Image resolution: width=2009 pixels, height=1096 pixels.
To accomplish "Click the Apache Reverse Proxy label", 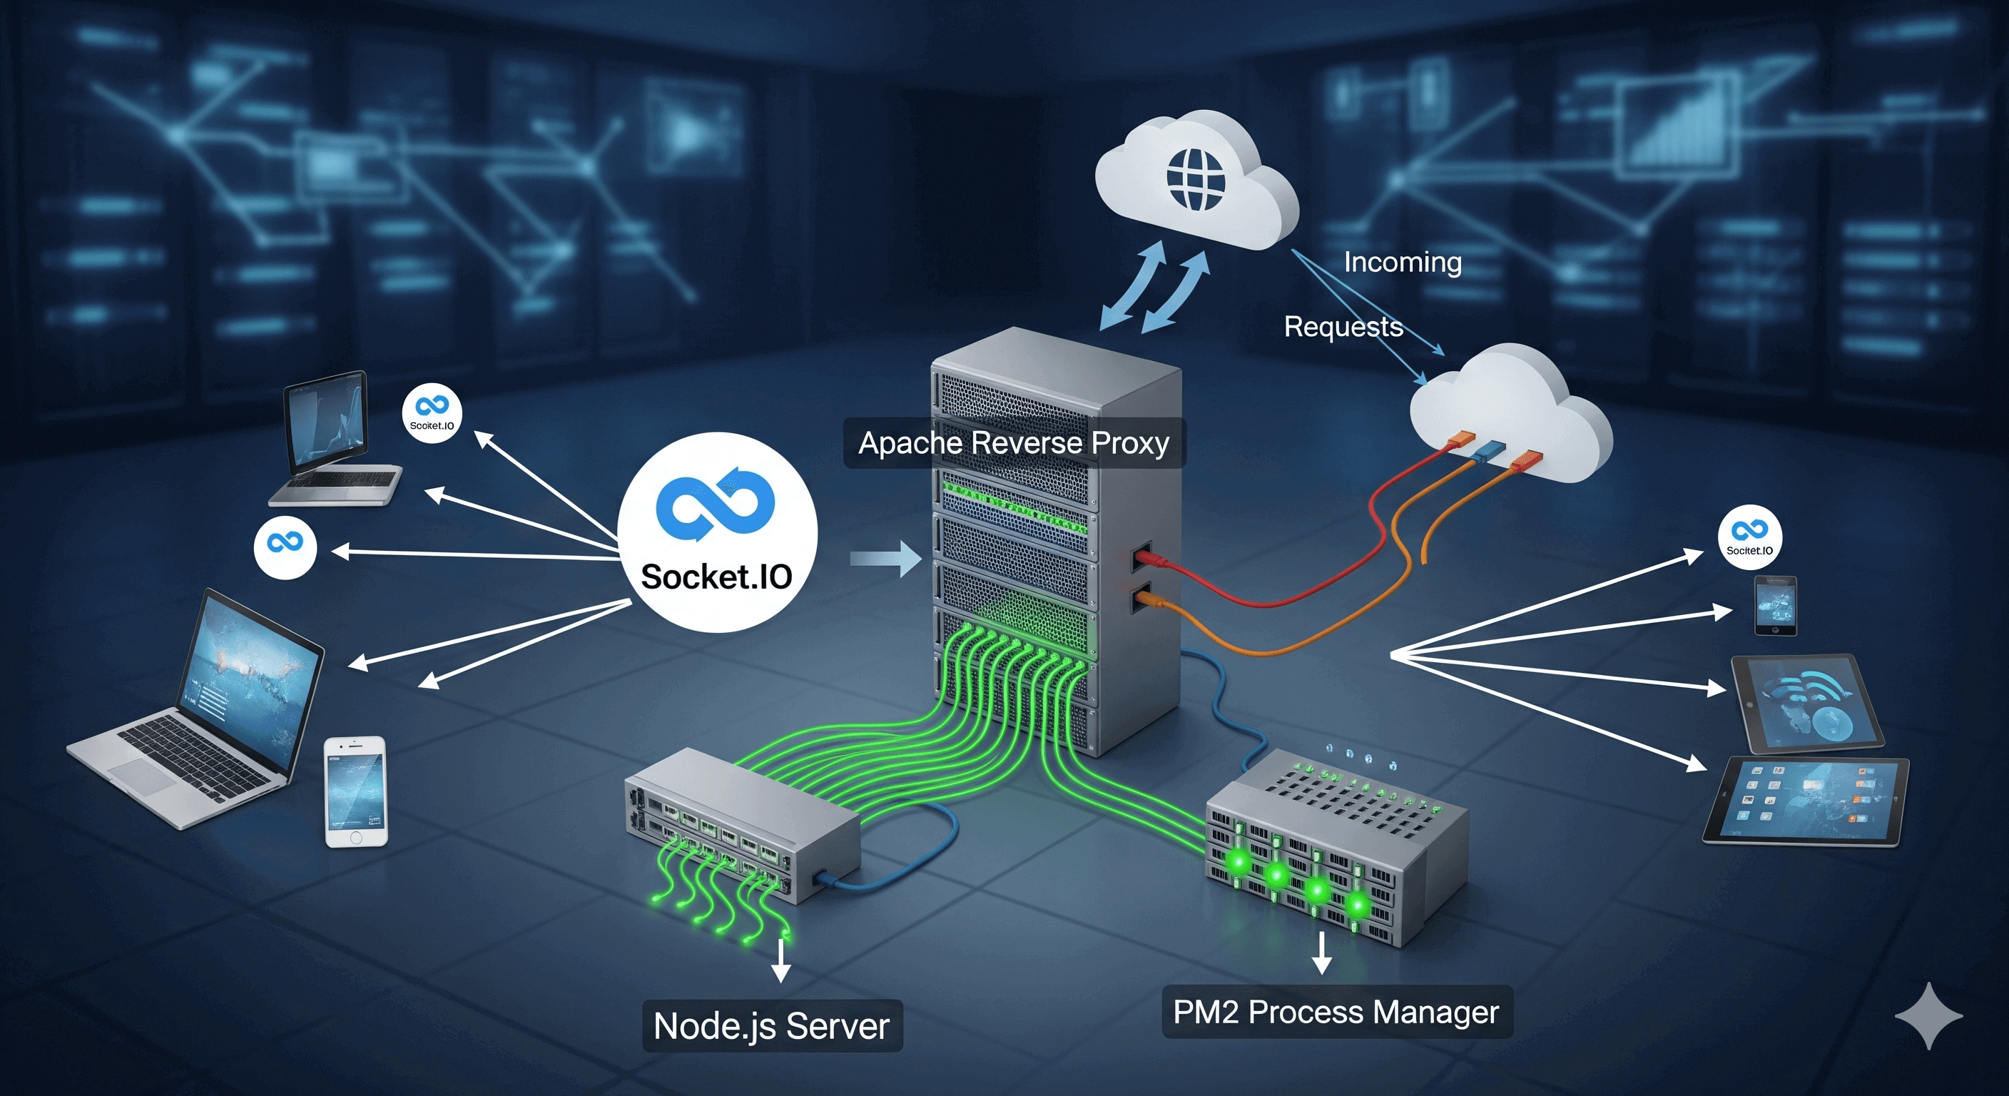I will [1014, 443].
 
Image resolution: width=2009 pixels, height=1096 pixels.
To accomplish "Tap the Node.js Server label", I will [771, 1026].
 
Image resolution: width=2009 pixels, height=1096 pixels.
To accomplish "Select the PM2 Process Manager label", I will [1336, 1012].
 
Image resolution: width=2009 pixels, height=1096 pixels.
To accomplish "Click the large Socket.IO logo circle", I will [717, 533].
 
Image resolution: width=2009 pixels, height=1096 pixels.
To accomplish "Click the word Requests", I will [1343, 326].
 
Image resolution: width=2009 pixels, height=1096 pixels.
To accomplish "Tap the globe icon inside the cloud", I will [1195, 179].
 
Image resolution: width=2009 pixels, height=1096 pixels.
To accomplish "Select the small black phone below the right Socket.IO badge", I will [1775, 605].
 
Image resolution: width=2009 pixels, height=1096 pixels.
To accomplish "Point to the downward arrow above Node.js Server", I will [780, 961].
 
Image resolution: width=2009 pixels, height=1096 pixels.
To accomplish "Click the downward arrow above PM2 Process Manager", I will [1321, 953].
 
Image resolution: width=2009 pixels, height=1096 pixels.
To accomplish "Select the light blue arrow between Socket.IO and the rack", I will [886, 559].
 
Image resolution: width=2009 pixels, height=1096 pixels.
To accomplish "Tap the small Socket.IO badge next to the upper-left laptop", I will [432, 413].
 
